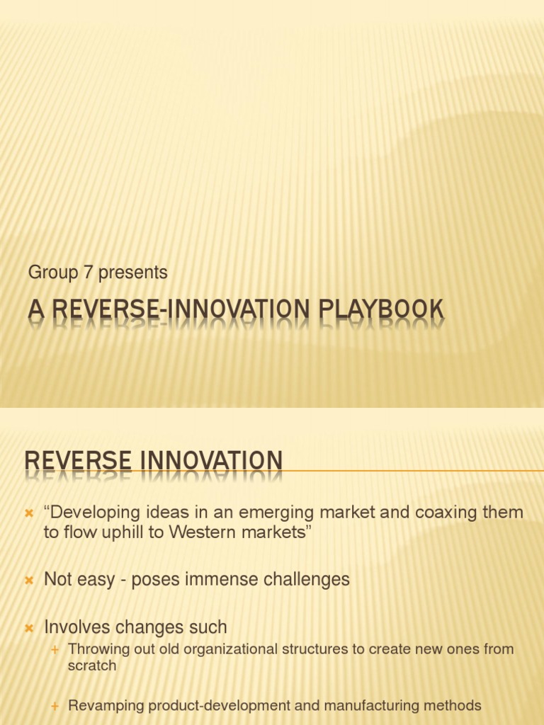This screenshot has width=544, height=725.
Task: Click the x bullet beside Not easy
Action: pyautogui.click(x=29, y=581)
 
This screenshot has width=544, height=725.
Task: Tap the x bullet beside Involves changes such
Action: pyautogui.click(x=29, y=628)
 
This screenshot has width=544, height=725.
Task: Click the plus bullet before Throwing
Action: pyautogui.click(x=55, y=649)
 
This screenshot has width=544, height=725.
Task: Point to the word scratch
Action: pyautogui.click(x=92, y=666)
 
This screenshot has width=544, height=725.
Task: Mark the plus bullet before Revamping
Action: pyautogui.click(x=55, y=706)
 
